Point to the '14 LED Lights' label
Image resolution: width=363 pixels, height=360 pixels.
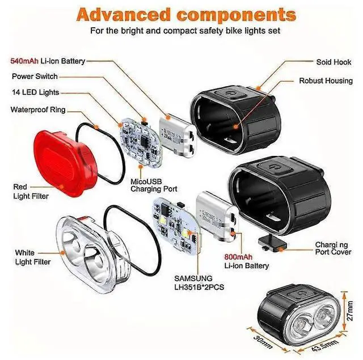[x=35, y=92]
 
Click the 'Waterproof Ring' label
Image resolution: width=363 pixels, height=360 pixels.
[x=37, y=109]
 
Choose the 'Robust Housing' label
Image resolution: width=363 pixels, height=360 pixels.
[x=326, y=81]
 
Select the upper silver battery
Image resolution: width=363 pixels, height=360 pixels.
[x=177, y=132]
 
